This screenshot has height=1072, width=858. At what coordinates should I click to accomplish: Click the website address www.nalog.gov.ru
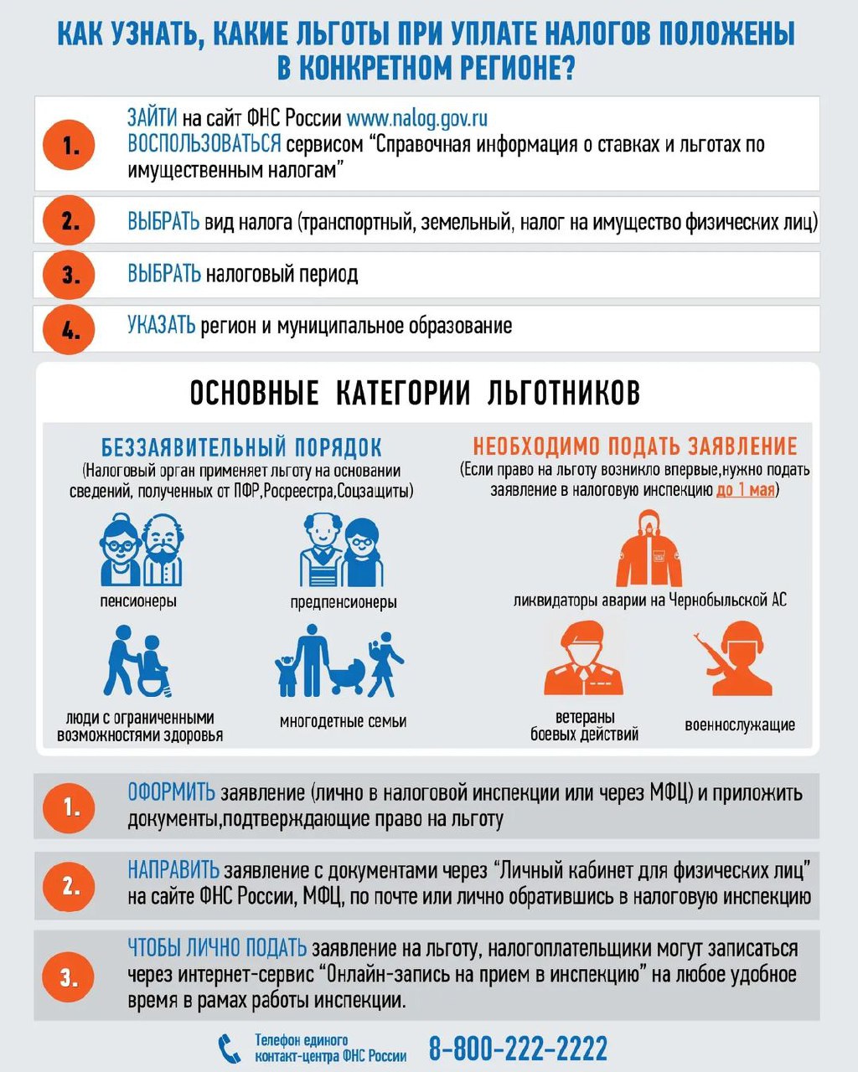click(x=416, y=117)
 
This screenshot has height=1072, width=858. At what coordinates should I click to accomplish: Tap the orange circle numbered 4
click(x=71, y=328)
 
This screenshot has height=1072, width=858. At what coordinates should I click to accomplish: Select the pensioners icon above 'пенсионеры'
click(x=141, y=550)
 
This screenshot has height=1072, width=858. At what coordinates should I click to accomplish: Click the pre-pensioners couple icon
click(x=342, y=550)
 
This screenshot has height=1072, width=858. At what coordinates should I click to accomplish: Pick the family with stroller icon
click(x=340, y=662)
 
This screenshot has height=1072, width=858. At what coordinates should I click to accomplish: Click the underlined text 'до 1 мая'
click(x=745, y=489)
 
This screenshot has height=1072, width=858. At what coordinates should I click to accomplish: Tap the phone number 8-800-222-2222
click(x=518, y=1048)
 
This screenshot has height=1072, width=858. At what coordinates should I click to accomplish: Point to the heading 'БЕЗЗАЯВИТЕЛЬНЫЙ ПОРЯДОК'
click(x=241, y=446)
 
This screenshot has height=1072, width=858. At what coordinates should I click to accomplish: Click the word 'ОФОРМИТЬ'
click(x=171, y=791)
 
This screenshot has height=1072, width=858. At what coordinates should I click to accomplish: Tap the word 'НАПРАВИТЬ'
click(x=173, y=869)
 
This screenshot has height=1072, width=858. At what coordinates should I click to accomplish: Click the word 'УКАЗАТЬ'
click(x=161, y=325)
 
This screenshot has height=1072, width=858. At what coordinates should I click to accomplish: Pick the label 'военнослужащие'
click(x=739, y=725)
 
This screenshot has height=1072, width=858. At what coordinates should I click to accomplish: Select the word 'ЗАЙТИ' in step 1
click(x=152, y=117)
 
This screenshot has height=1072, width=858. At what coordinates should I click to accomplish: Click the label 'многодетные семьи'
click(x=343, y=721)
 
